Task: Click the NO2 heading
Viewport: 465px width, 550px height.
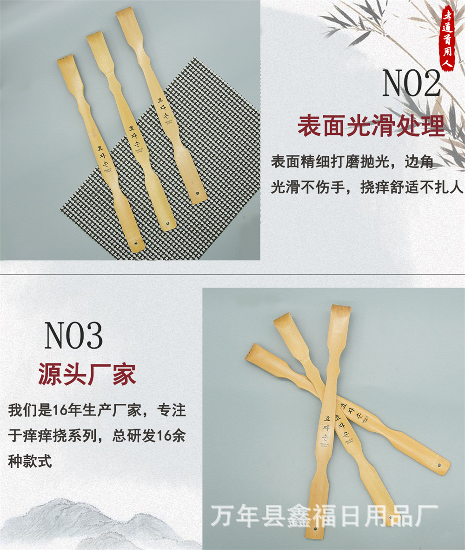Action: coord(411,83)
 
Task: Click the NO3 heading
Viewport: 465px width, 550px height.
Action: coord(73,335)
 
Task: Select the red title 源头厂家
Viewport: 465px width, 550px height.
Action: coord(87,374)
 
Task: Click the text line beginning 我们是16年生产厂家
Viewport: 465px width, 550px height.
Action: coord(97,411)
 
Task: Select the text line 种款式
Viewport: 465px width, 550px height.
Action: coord(30,461)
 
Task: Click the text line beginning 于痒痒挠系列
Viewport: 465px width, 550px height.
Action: coord(97,436)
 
